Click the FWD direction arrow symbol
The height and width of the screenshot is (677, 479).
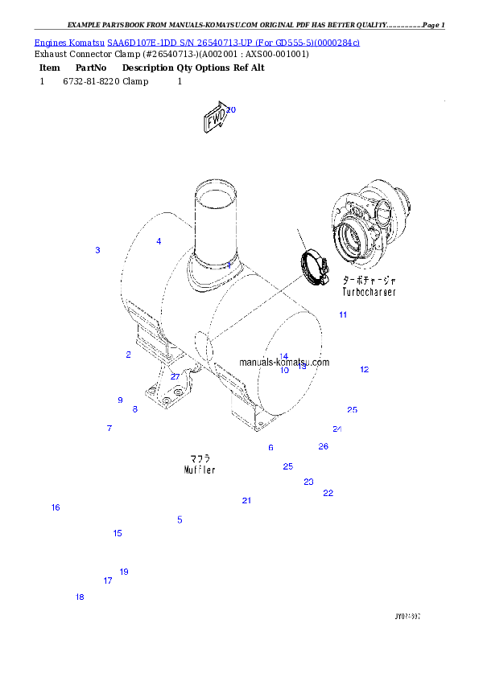coord(215,120)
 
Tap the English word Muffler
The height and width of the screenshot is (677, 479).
coord(199,470)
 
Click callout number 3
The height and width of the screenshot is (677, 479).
coord(97,251)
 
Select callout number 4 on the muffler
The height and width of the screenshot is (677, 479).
coord(159,241)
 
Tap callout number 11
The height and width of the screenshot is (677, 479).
coord(343,314)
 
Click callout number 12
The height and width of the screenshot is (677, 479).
coord(364,370)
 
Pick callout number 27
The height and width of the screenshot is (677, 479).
coord(175,376)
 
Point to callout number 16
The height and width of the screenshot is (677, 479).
coord(56,507)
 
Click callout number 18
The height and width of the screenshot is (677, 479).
coord(80,597)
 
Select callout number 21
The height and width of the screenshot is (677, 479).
coord(246,501)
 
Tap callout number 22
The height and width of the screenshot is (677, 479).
coord(328,493)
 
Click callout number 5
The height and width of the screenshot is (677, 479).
coord(180,520)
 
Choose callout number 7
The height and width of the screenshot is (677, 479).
coord(109,429)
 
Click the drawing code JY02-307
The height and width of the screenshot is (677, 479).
coord(407,617)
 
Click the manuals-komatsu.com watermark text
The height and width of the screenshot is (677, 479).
coord(284,363)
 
